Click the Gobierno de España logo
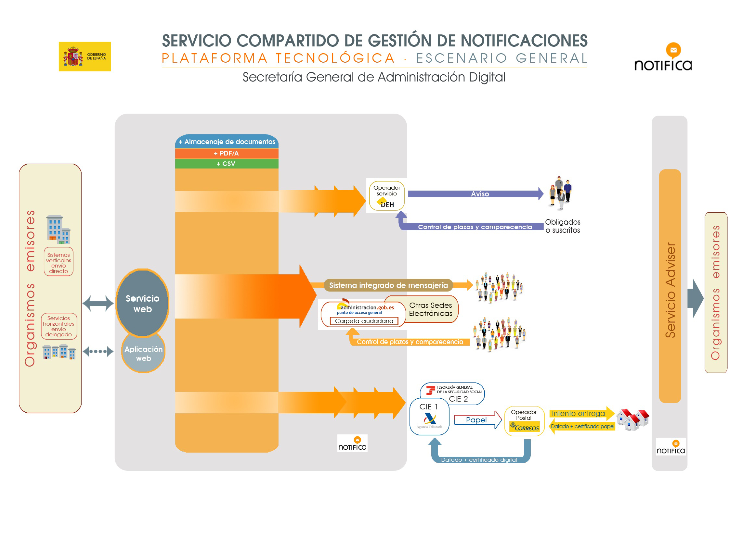85,56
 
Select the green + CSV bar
227,164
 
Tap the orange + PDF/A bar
227,153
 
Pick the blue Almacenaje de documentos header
227,142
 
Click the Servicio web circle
142,303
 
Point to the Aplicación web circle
143,353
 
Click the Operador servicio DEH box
387,196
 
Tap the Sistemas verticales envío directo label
59,262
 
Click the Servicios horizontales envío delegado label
59,326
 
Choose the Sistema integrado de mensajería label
388,285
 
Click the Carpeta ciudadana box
364,321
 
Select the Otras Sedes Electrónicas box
431,309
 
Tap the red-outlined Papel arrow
477,420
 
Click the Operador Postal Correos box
524,421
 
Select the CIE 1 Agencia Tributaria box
429,417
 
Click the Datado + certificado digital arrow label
479,459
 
